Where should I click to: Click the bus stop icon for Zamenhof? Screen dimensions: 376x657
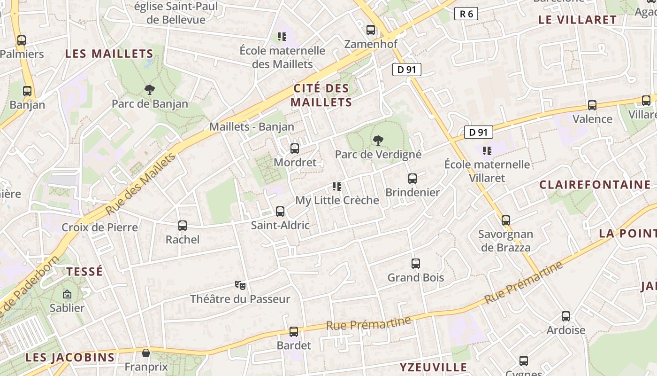tap(371, 30)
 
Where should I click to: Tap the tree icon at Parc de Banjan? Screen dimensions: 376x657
tap(150, 89)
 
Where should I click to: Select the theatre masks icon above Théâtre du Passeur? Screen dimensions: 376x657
tap(240, 285)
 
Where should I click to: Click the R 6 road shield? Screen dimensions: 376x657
tap(466, 14)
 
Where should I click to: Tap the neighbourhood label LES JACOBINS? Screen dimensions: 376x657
tap(70, 357)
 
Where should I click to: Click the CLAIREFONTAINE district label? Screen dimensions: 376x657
tap(595, 185)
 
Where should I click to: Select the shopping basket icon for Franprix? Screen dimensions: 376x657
tap(146, 352)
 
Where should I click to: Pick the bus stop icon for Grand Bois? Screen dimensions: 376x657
tap(416, 264)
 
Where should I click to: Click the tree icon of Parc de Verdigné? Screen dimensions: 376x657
tap(378, 140)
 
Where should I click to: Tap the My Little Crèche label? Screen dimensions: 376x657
tap(337, 200)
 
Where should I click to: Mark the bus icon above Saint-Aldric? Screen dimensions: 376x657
tap(280, 211)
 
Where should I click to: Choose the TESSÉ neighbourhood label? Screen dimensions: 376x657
tap(84, 271)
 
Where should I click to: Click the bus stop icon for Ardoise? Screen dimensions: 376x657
tap(566, 316)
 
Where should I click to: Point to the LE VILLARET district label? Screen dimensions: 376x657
tap(577, 20)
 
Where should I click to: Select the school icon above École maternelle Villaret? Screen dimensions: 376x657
tap(487, 151)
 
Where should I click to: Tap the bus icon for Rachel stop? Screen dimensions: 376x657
tap(183, 226)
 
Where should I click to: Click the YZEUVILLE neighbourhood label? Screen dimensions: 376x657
tap(433, 367)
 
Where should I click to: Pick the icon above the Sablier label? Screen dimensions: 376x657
tap(67, 295)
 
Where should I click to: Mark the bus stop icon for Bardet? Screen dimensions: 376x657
tap(294, 332)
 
